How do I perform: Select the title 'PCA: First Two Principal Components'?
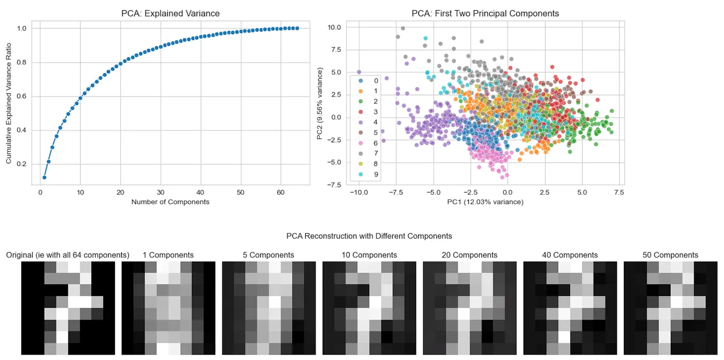[x=485, y=13]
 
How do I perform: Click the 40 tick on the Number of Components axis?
[x=200, y=192]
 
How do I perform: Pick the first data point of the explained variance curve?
[x=44, y=177]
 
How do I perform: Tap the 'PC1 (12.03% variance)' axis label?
[x=485, y=202]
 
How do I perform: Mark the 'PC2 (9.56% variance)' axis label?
[x=320, y=103]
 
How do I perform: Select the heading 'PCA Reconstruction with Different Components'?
[x=369, y=236]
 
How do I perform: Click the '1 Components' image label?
[x=168, y=255]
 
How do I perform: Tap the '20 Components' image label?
[x=469, y=255]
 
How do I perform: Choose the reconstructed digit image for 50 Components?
[x=670, y=308]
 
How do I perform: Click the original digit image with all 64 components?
[x=68, y=308]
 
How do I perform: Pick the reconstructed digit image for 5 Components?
[x=269, y=308]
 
